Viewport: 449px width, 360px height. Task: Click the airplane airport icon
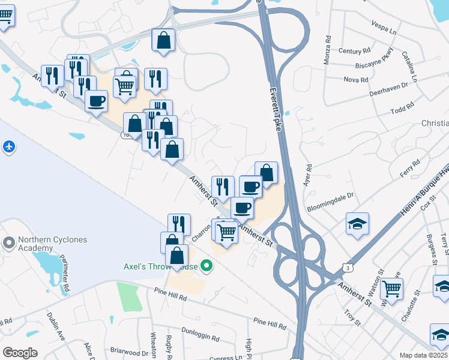pos(8,146)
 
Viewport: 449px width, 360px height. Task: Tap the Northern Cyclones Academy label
pos(52,244)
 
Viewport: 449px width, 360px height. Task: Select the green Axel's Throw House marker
pos(207,265)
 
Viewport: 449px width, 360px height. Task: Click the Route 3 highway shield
pos(348,266)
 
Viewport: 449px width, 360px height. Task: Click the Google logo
pos(20,353)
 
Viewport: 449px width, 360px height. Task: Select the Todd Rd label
pos(402,109)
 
